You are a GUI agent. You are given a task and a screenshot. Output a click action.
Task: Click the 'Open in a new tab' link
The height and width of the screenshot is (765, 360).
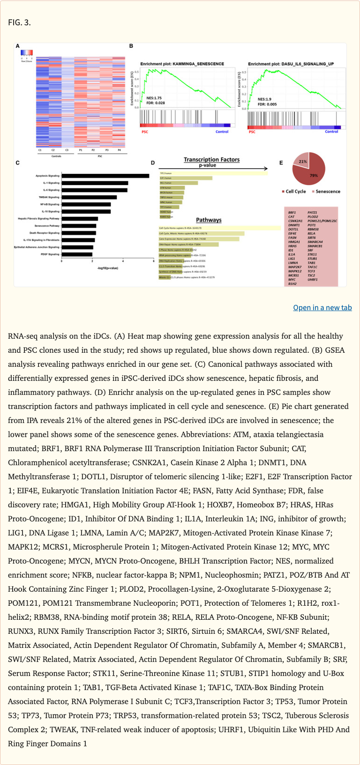pos(322,308)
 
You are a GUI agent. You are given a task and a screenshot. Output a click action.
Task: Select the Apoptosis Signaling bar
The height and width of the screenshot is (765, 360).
pos(105,176)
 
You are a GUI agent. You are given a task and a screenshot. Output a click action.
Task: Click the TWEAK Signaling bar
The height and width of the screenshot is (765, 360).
pos(89,197)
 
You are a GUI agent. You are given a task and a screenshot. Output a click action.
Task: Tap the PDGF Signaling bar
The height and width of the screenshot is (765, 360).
pos(77,254)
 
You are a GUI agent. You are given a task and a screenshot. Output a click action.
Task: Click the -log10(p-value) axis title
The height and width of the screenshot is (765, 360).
pos(107,268)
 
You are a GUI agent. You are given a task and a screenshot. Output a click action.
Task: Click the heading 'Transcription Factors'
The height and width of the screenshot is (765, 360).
pos(211,160)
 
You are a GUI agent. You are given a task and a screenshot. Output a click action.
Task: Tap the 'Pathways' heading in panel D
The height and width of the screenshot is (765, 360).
pos(209,220)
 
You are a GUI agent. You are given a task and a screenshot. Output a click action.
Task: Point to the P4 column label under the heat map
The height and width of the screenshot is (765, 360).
pos(120,150)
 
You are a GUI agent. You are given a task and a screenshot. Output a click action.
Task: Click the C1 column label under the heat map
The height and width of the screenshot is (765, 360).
pos(40,150)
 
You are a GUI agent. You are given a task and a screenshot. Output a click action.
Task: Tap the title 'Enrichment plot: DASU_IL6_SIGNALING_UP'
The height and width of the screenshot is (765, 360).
pos(291,64)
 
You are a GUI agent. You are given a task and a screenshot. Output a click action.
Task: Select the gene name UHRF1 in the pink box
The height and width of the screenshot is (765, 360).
pos(313,280)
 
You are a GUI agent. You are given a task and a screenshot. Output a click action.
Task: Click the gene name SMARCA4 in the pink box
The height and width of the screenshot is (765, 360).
pos(315,242)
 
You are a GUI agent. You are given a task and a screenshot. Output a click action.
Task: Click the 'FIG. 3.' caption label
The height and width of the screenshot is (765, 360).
pos(19,22)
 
